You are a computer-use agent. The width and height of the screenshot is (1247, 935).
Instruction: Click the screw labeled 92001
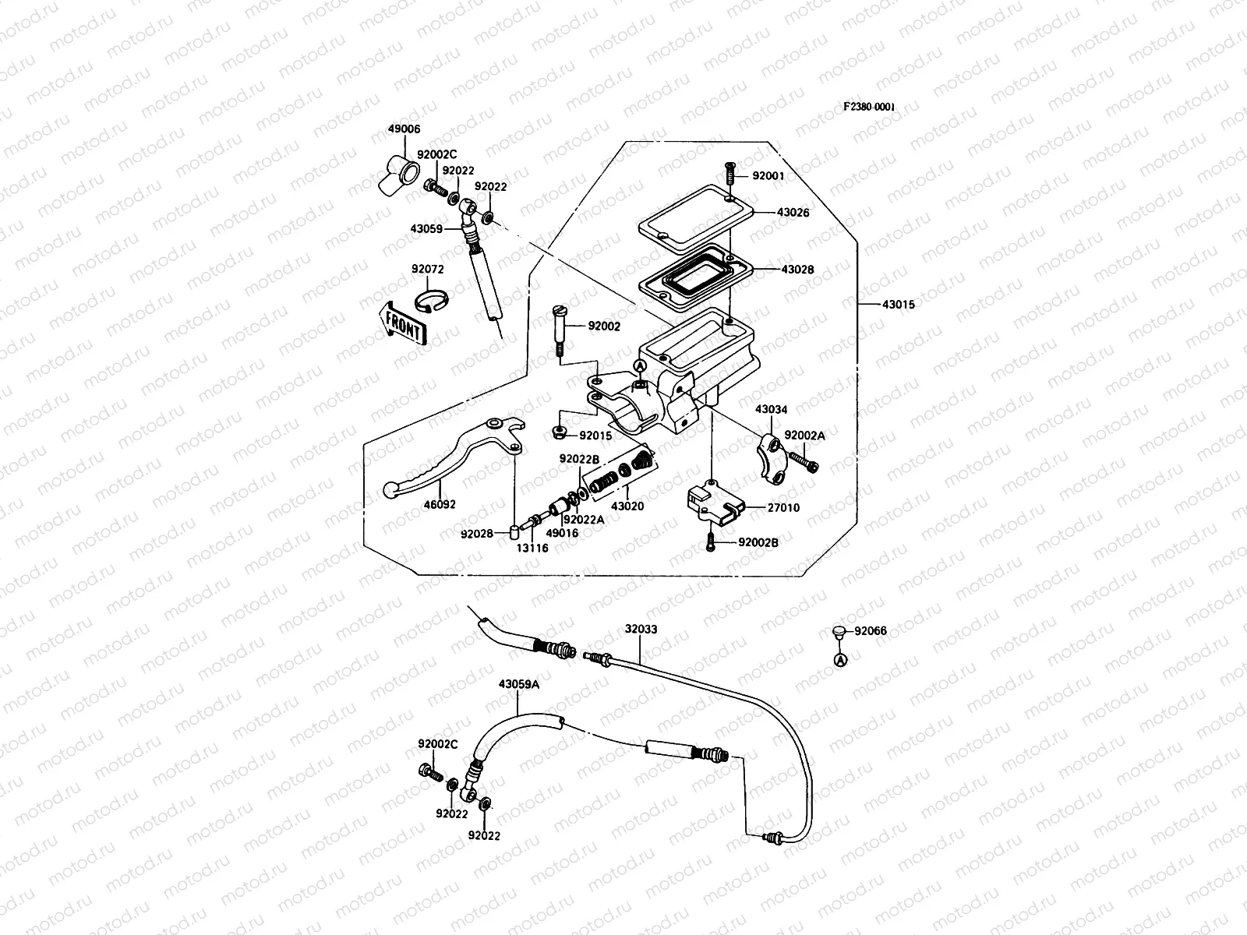[731, 176]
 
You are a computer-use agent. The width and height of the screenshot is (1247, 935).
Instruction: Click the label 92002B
[758, 542]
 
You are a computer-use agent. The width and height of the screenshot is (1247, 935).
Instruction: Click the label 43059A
[519, 683]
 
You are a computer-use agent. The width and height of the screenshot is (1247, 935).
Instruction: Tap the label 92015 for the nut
[595, 436]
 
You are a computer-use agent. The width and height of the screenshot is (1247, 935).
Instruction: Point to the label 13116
[532, 548]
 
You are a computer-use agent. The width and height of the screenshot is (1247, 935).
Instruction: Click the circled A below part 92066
[840, 660]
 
